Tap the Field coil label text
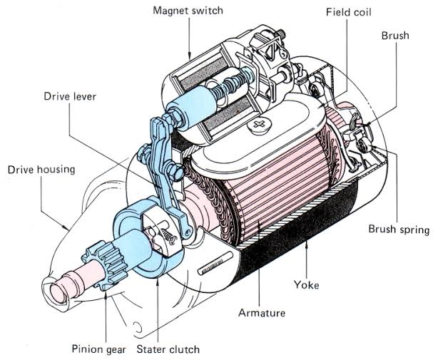[x=349, y=13]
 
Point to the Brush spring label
[x=398, y=230]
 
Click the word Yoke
[x=307, y=284]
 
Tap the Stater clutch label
[x=169, y=349]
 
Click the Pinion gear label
[x=98, y=349]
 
